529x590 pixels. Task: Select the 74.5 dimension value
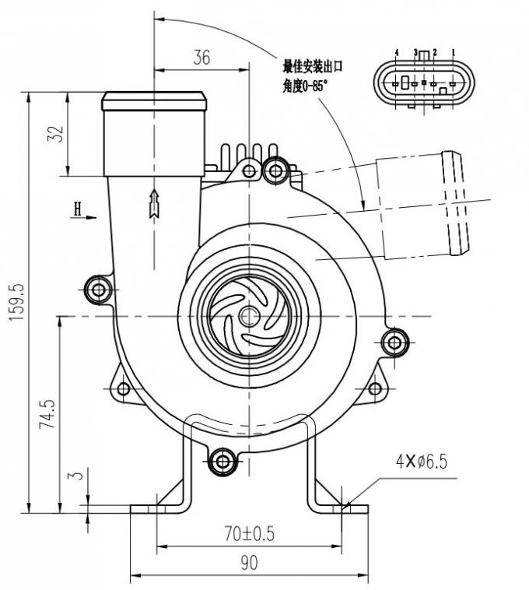pos(49,416)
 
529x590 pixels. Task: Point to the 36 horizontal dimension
pos(201,58)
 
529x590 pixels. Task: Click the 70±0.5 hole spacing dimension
pos(248,534)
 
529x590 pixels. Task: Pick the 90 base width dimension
pos(248,563)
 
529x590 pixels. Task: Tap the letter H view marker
pos(78,209)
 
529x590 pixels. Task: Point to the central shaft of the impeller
pos(249,316)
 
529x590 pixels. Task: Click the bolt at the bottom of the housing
pos(223,462)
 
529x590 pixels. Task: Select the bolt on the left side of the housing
pos(97,290)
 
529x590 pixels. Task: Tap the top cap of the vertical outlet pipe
pos(156,101)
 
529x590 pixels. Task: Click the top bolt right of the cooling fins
pos(274,170)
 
